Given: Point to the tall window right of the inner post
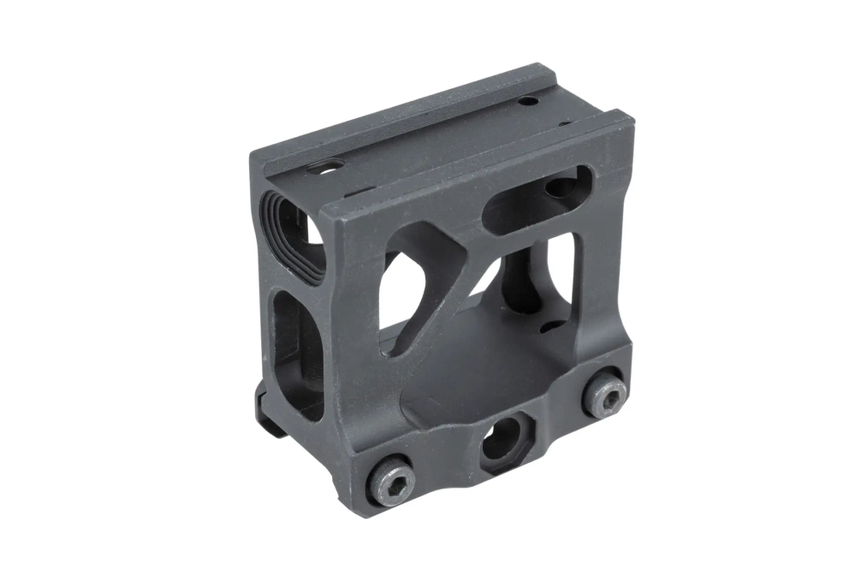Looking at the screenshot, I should [561, 274].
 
